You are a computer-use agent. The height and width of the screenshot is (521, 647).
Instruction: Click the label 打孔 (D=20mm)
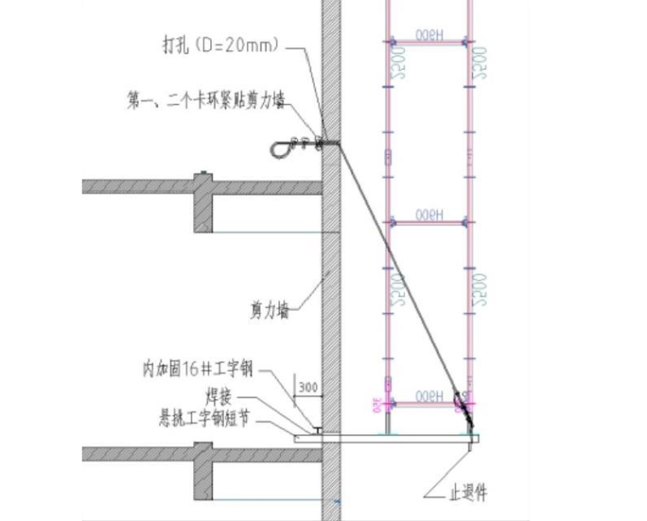[x=220, y=45]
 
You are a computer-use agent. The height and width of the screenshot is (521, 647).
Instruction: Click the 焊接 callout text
[x=220, y=397]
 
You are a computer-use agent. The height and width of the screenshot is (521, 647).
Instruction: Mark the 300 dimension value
[x=306, y=388]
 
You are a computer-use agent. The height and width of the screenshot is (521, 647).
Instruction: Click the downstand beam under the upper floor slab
[x=203, y=212]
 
